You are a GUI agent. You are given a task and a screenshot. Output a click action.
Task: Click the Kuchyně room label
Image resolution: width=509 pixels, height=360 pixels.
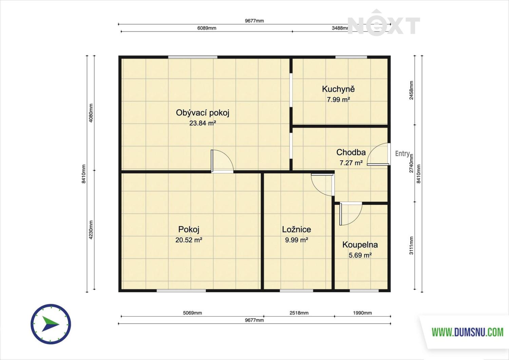pyautogui.click(x=338, y=89)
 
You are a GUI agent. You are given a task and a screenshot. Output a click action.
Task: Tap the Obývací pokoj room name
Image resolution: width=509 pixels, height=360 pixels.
pyautogui.click(x=203, y=113)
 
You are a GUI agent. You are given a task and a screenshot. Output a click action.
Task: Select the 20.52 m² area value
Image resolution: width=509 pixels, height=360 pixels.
pyautogui.click(x=189, y=240)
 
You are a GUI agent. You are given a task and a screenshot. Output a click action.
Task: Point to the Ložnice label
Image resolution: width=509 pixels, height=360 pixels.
pyautogui.click(x=297, y=230)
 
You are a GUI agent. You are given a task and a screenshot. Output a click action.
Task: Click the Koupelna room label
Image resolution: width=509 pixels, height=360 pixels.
pyautogui.click(x=360, y=245)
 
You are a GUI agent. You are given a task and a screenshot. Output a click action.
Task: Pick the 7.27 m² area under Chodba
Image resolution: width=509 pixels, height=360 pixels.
pyautogui.click(x=351, y=163)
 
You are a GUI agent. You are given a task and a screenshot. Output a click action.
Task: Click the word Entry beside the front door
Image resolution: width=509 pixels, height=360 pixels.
pyautogui.click(x=402, y=154)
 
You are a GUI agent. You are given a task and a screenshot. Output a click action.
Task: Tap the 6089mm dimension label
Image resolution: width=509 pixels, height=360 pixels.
pyautogui.click(x=207, y=28)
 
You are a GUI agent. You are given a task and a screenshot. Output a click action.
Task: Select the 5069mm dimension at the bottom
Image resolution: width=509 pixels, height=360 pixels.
pyautogui.click(x=192, y=313)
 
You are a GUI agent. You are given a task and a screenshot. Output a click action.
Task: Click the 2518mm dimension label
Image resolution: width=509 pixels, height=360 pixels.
pyautogui.click(x=299, y=313)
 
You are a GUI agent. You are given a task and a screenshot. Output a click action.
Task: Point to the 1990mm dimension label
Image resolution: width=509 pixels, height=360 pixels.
pyautogui.click(x=362, y=313)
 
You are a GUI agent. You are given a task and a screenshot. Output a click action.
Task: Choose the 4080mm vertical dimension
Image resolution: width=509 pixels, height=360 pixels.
pyautogui.click(x=91, y=113)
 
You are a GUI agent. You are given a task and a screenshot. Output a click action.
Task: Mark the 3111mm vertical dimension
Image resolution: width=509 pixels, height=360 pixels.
pyautogui.click(x=411, y=245)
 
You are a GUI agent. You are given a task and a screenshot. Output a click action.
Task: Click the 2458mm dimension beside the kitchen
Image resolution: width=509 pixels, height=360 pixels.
pyautogui.click(x=411, y=90)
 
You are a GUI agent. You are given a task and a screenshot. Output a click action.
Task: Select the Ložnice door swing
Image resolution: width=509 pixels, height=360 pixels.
pyautogui.click(x=323, y=185)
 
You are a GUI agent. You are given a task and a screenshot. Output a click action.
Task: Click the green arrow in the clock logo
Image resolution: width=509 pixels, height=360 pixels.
pyautogui.click(x=50, y=324)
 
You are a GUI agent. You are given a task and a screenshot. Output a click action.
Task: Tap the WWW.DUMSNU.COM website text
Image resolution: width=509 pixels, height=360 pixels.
pyautogui.click(x=467, y=332)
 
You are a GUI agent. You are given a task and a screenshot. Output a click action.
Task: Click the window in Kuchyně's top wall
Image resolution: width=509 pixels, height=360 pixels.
pyautogui.click(x=351, y=57)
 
